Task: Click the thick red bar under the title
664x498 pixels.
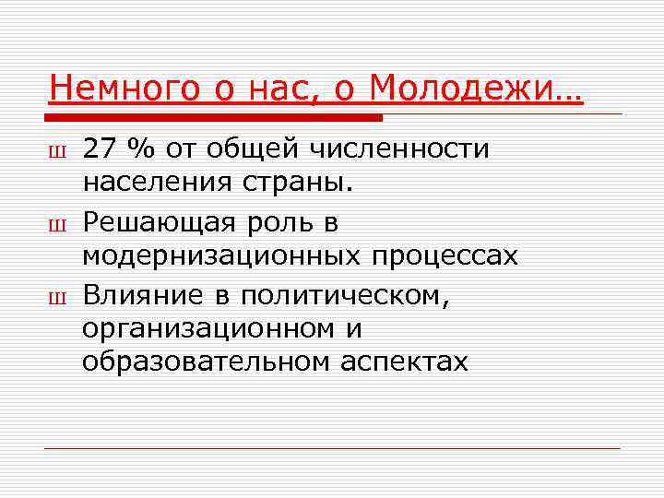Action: pos(213,118)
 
